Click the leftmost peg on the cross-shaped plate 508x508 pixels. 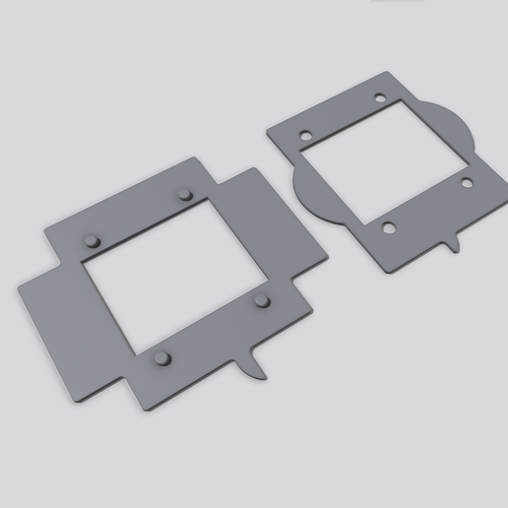pyautogui.click(x=93, y=240)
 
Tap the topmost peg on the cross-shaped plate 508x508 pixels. pyautogui.click(x=184, y=194)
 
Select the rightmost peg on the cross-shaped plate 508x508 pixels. pyautogui.click(x=262, y=299)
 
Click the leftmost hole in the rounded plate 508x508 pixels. pyautogui.click(x=305, y=135)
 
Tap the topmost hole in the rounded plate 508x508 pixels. pyautogui.click(x=379, y=98)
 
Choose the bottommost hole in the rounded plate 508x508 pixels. pyautogui.click(x=390, y=228)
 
